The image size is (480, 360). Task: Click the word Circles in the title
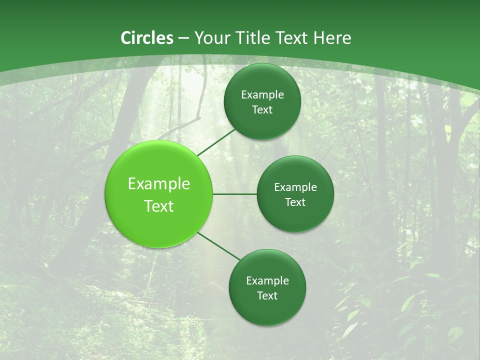pyautogui.click(x=147, y=38)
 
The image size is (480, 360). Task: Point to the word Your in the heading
pyautogui.click(x=211, y=38)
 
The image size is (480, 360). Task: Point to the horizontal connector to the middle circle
pyautogui.click(x=234, y=194)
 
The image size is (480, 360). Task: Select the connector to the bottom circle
pyautogui.click(x=218, y=246)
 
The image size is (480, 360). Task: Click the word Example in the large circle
pyautogui.click(x=159, y=184)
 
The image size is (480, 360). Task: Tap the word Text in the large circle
pyautogui.click(x=159, y=206)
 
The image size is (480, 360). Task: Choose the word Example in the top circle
pyautogui.click(x=262, y=95)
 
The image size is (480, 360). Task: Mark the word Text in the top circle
pyautogui.click(x=262, y=110)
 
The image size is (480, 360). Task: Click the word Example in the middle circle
pyautogui.click(x=295, y=187)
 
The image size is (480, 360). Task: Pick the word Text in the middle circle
pyautogui.click(x=295, y=202)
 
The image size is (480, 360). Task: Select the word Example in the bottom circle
pyautogui.click(x=267, y=281)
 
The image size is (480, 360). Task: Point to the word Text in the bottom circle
pyautogui.click(x=267, y=296)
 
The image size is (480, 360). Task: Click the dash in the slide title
pyautogui.click(x=183, y=38)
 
